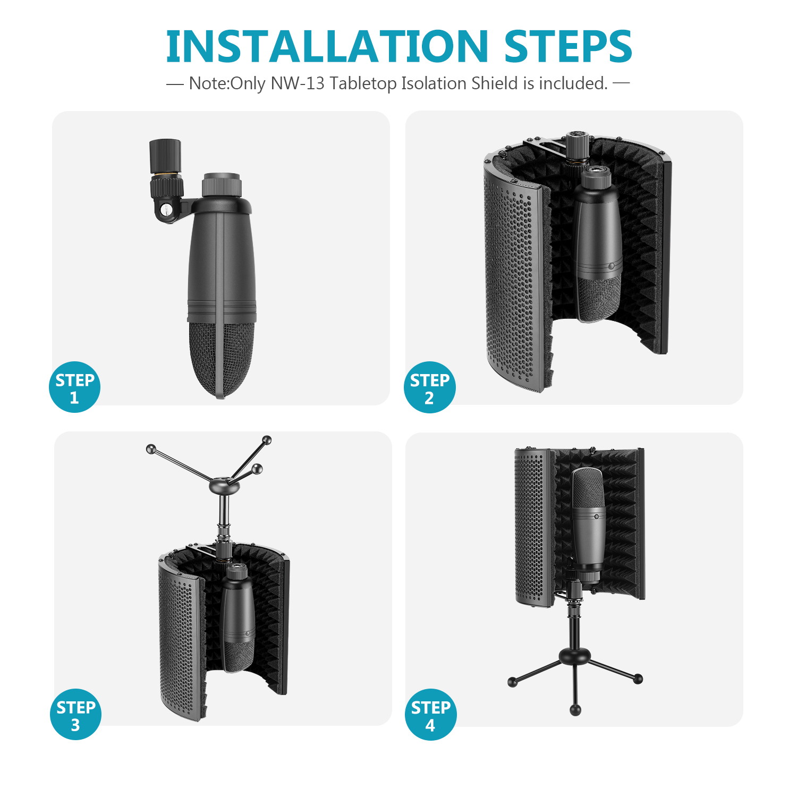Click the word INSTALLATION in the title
coord(326,46)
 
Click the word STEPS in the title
coord(567,46)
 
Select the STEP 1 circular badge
coord(74,387)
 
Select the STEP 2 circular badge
coord(429,387)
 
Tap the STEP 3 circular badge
coord(75,715)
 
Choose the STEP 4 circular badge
coord(430,715)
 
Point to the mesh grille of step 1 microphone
coord(221,356)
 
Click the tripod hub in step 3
coord(224,485)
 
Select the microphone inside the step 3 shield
coord(238,616)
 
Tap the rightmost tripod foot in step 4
coord(638,679)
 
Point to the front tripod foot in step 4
coord(575,710)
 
